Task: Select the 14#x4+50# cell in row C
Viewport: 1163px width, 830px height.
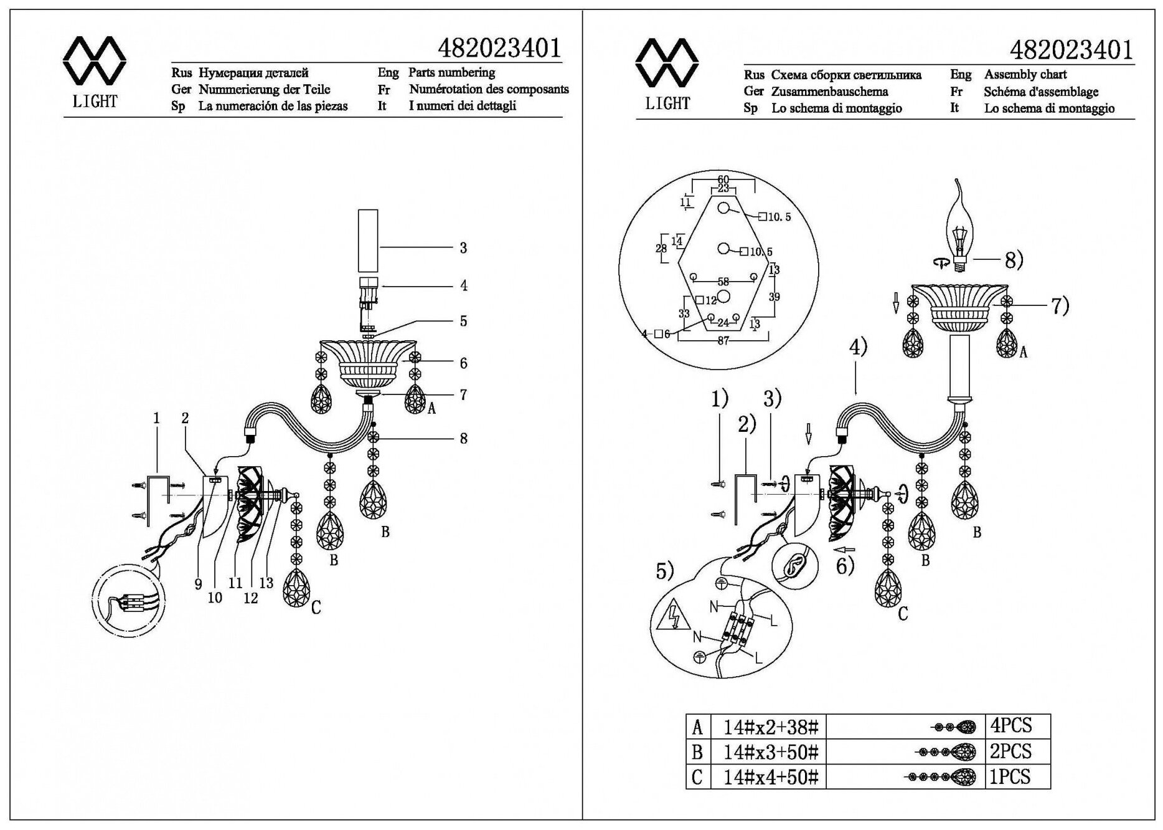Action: click(771, 777)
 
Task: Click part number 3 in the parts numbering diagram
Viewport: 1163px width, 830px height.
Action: click(463, 248)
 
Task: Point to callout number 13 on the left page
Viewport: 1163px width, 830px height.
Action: click(266, 583)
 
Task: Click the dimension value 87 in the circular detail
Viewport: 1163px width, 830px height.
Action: click(723, 341)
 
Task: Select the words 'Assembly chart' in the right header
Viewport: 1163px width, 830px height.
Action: click(1025, 75)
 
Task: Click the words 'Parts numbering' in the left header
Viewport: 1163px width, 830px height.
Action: click(451, 72)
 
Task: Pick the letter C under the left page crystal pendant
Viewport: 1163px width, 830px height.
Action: click(316, 608)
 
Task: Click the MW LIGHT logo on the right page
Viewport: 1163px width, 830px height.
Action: click(667, 74)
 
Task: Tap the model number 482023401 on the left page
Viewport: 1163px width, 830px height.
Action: click(499, 48)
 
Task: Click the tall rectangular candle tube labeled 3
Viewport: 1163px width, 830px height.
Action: click(368, 241)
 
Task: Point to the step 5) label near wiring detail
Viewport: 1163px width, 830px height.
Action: click(665, 570)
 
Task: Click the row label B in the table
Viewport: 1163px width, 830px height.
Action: click(697, 752)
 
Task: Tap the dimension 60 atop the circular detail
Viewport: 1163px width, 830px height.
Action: click(723, 179)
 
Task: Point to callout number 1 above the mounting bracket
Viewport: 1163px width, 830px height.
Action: click(156, 418)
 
